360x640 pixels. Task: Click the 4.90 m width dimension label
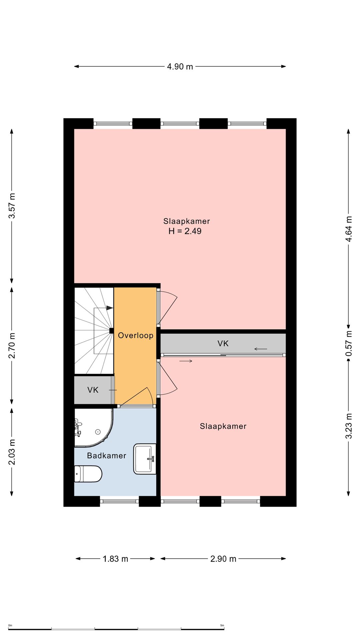(180, 67)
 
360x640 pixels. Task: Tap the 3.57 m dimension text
(12, 206)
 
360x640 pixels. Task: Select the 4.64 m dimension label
(349, 229)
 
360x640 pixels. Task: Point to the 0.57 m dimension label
(349, 343)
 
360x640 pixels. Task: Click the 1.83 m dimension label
(115, 559)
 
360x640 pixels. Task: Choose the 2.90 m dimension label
(223, 559)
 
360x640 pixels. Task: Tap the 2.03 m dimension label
(12, 452)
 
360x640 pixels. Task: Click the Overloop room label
(136, 335)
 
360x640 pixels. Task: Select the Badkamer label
(107, 456)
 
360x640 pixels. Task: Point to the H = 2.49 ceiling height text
(185, 231)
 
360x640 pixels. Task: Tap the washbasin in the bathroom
(145, 459)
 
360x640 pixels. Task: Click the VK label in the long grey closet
(223, 344)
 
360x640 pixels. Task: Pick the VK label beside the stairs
(93, 390)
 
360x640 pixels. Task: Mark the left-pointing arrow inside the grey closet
(261, 349)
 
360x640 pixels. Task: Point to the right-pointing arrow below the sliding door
(186, 361)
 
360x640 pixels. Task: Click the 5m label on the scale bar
(222, 625)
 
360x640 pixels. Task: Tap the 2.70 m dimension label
(12, 346)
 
